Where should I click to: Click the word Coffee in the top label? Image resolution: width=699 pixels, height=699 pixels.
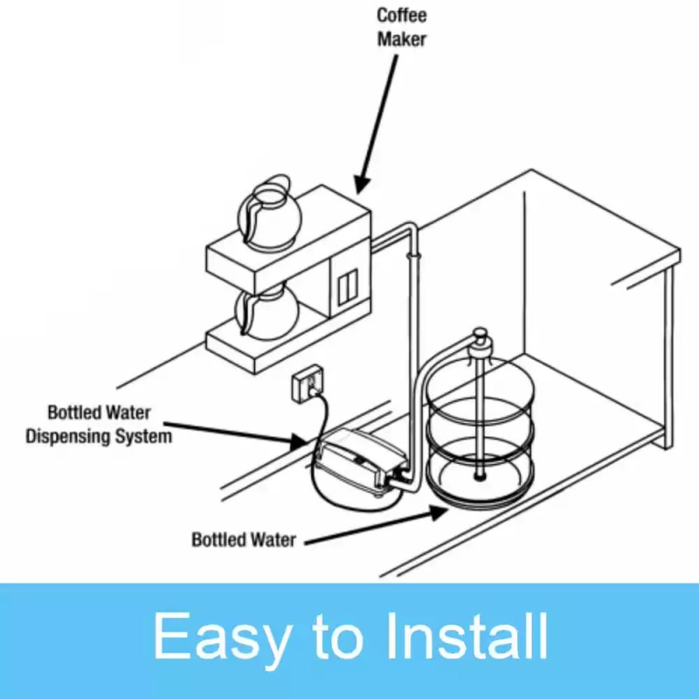(x=402, y=16)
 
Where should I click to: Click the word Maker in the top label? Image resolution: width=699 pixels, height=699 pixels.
(x=402, y=40)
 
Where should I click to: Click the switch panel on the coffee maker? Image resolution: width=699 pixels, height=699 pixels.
(x=347, y=287)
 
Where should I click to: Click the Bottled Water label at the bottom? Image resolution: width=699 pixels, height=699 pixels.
(x=244, y=539)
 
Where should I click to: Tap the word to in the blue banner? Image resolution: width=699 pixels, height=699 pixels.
(x=334, y=638)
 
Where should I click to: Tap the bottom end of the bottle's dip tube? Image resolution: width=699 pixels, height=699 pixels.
(x=479, y=475)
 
